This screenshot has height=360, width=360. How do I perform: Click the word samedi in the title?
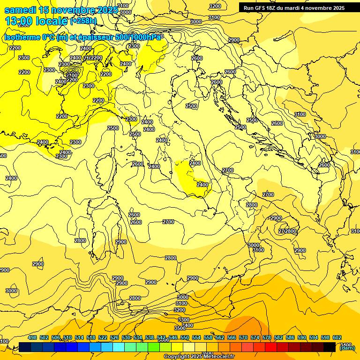click(x=20, y=10)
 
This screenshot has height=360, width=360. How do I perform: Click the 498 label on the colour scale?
click(x=32, y=338)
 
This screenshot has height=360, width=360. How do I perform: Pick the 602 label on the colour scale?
click(x=337, y=338)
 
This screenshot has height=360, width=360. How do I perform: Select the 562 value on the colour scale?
click(x=220, y=338)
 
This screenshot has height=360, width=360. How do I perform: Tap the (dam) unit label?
click(x=347, y=347)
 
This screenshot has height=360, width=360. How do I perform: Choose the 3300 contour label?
click(x=184, y=320)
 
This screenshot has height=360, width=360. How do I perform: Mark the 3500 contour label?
click(x=180, y=328)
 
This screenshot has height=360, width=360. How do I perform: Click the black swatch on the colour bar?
click(x=330, y=347)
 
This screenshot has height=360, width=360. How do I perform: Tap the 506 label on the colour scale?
click(x=56, y=338)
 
